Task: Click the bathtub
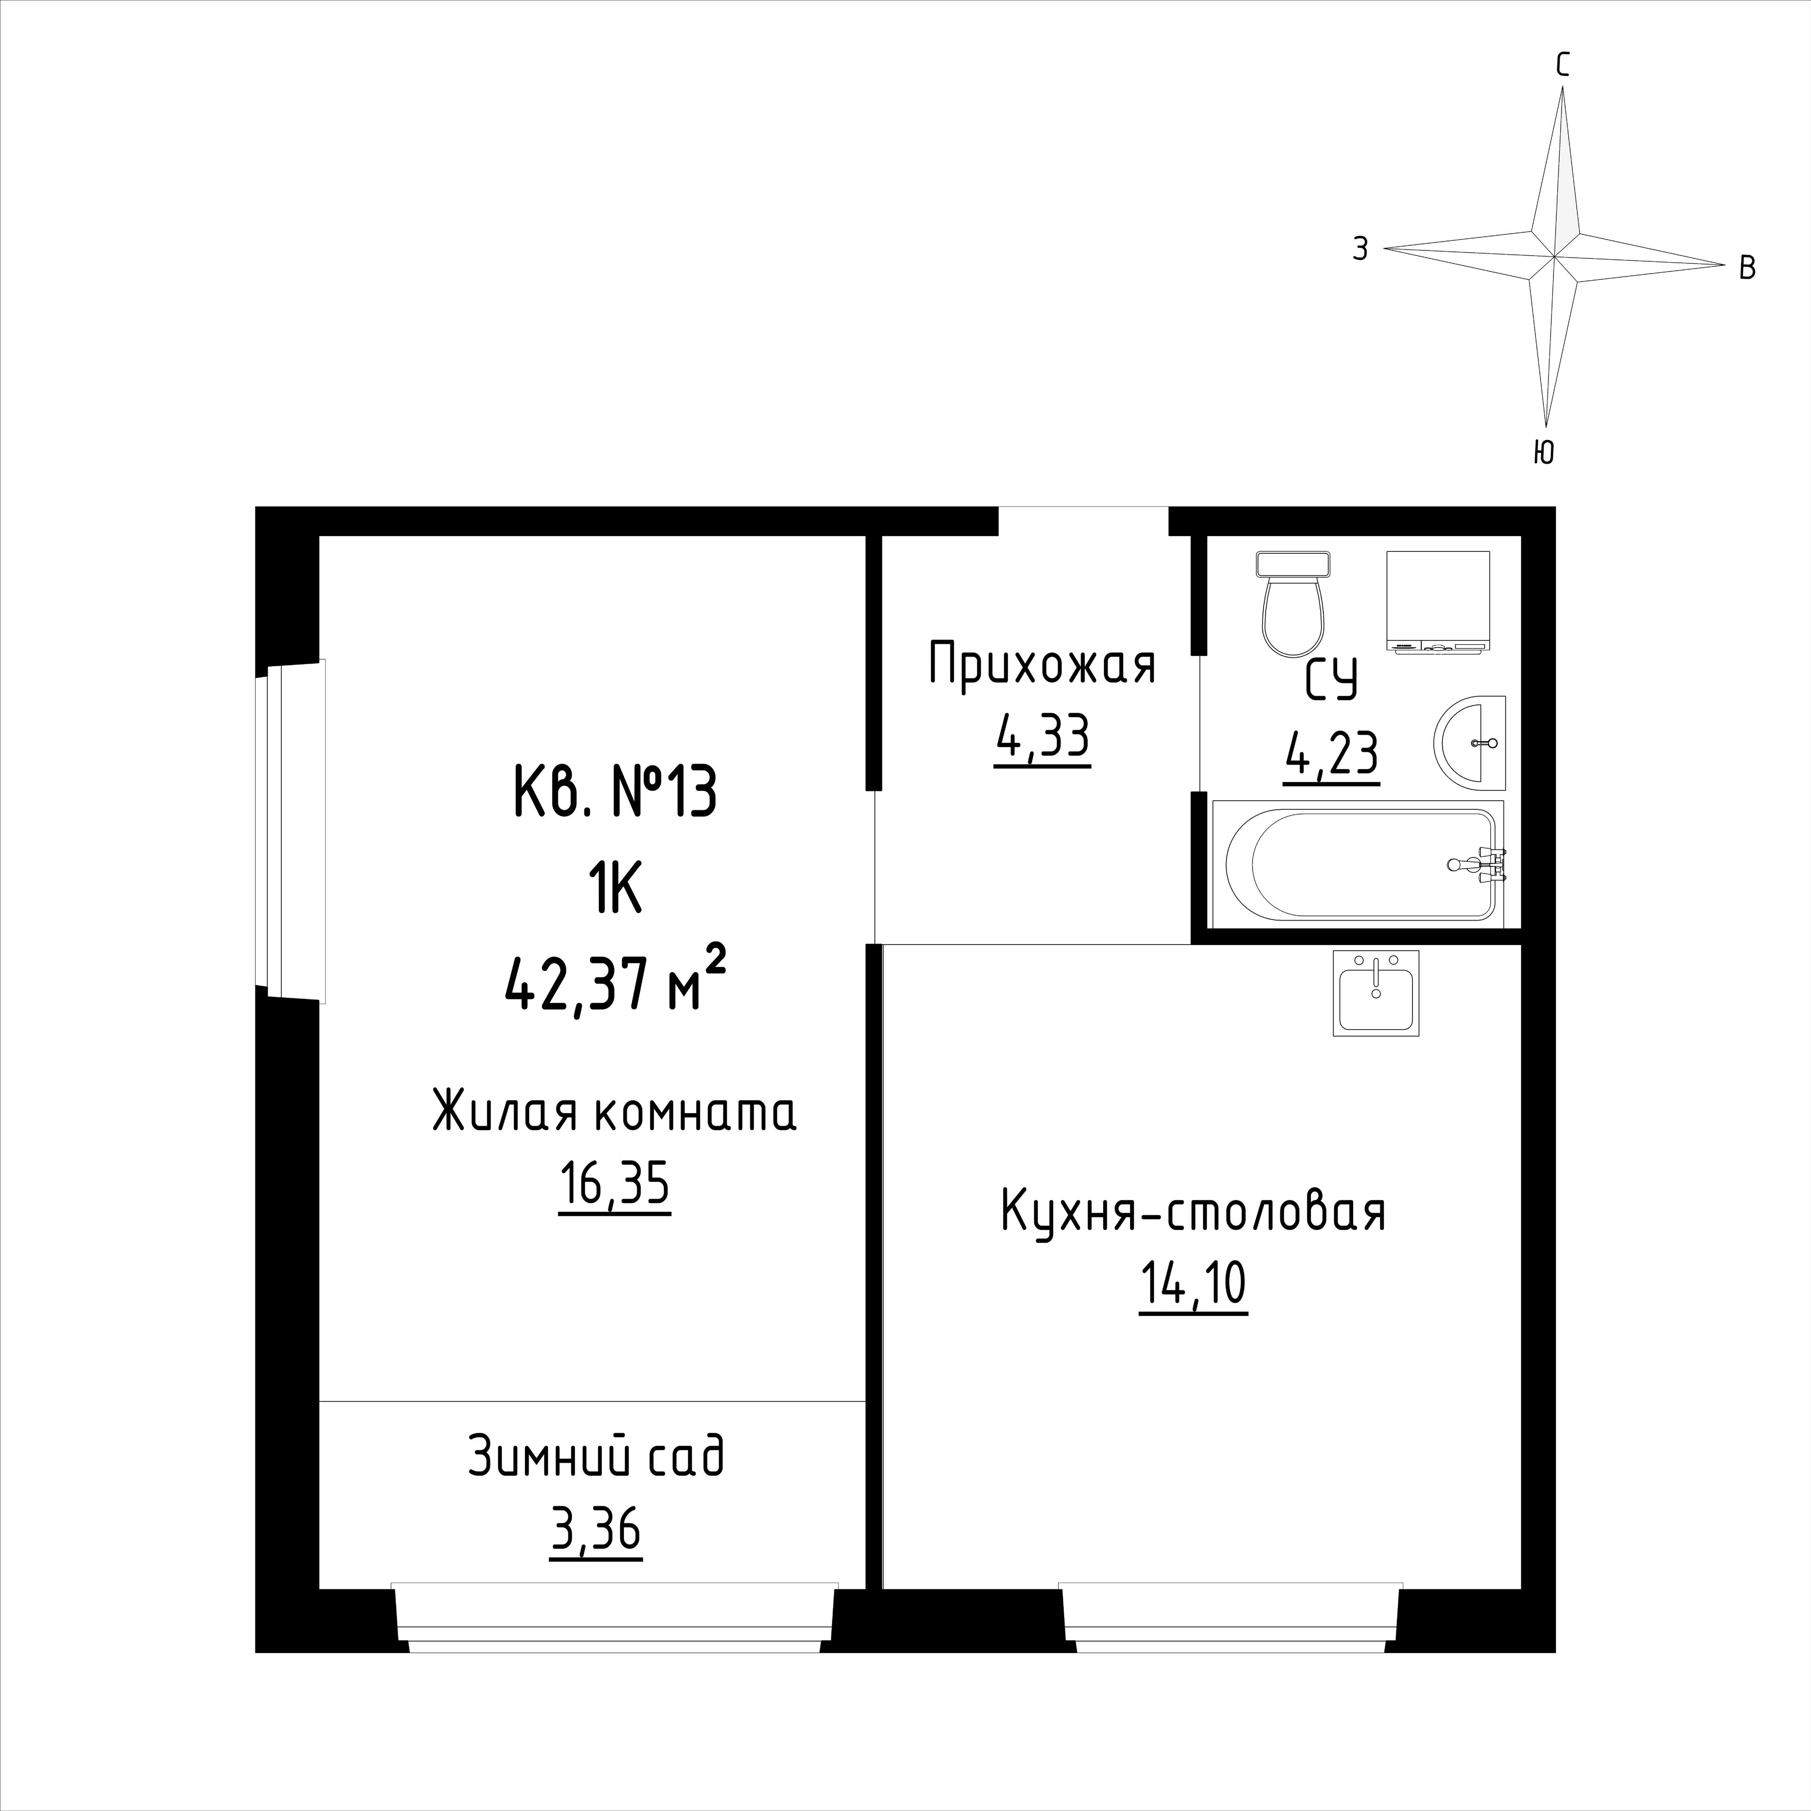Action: click(1358, 864)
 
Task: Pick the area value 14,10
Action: click(1193, 1285)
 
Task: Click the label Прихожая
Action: click(1042, 665)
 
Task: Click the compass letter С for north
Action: click(1562, 65)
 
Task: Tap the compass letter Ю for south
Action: click(1544, 453)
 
